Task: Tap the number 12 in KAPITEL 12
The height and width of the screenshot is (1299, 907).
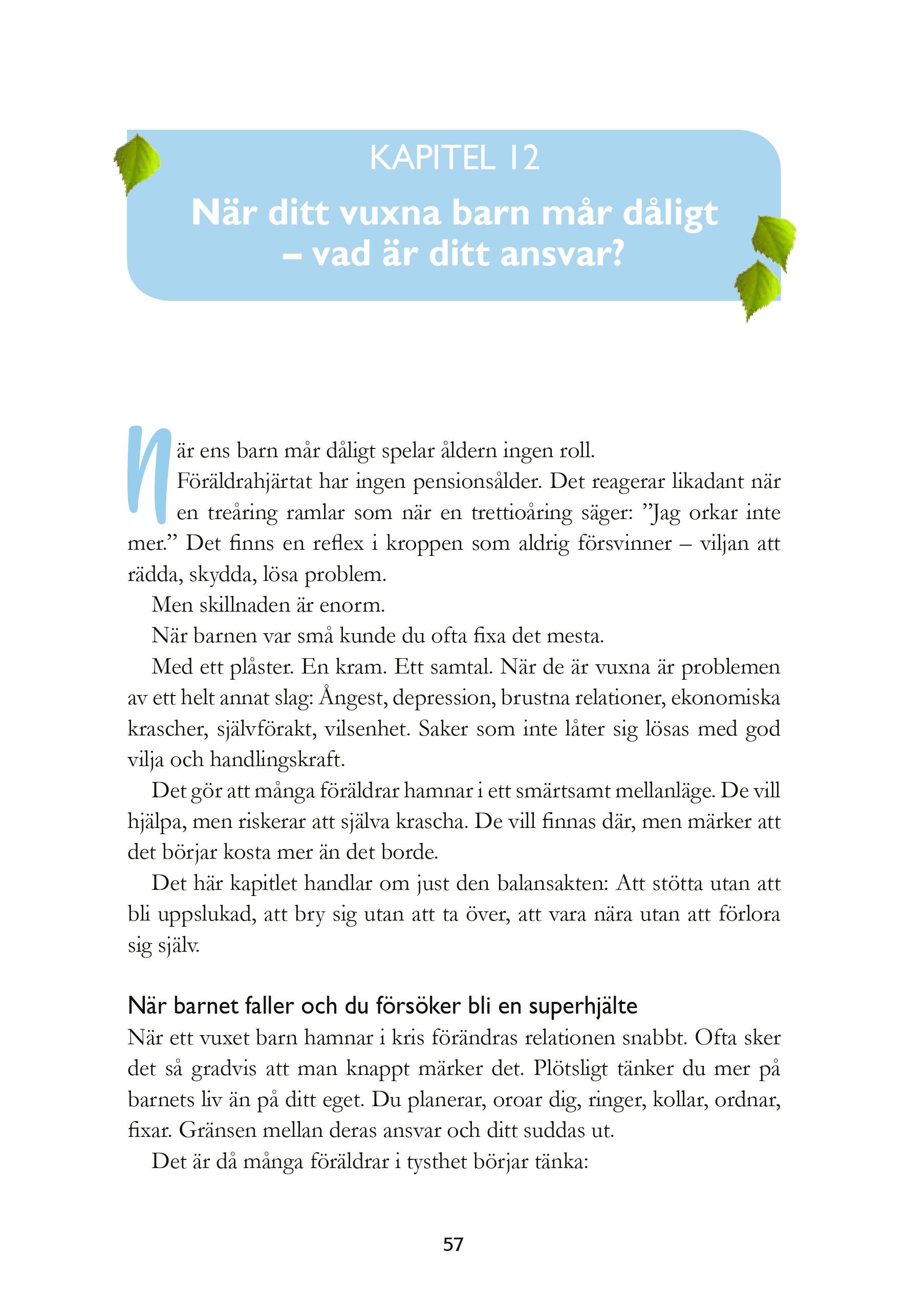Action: click(524, 158)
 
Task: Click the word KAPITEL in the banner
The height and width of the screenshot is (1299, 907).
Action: click(433, 158)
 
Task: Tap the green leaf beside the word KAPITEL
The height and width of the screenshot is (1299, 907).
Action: click(137, 163)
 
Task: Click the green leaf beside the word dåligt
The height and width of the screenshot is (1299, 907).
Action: click(773, 241)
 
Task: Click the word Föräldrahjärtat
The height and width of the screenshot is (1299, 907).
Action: click(244, 481)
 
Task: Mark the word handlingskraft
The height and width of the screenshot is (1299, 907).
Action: click(277, 759)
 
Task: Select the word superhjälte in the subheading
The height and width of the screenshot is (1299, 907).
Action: click(582, 1006)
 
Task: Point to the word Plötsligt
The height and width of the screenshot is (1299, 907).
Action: click(570, 1069)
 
